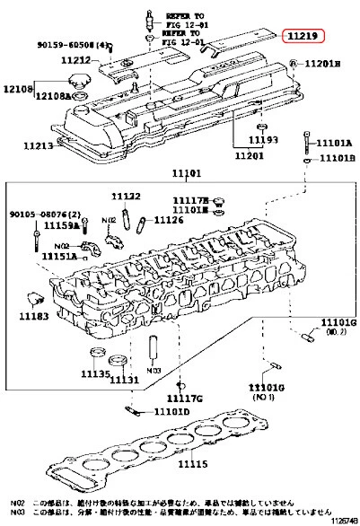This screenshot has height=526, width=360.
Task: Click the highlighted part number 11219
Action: [304, 36]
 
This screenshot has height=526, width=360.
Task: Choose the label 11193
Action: [262, 141]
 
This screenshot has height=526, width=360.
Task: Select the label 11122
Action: [127, 196]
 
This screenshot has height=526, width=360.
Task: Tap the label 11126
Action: [168, 219]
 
